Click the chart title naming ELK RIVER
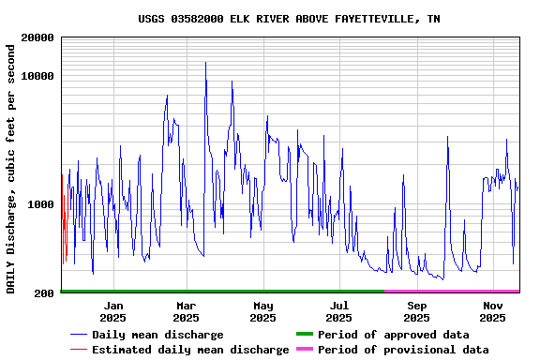[289, 19]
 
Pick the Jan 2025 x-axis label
[113, 311]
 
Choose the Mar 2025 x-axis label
[187, 311]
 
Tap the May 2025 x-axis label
[263, 311]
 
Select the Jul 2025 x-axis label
[339, 311]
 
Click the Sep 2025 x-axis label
[417, 311]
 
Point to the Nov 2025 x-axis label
[493, 311]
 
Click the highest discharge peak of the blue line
[206, 64]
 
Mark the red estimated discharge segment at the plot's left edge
[63, 211]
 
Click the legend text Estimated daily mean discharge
[190, 350]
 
